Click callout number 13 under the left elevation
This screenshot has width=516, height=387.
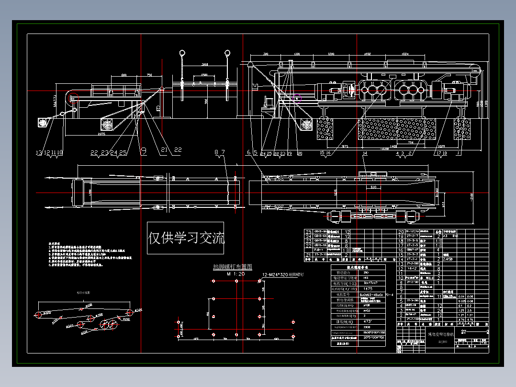point(39,153)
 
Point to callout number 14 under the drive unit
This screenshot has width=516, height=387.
point(366,153)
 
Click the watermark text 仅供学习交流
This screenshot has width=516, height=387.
point(186,238)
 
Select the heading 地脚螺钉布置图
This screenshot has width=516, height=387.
point(233,267)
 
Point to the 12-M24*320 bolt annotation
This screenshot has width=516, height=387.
point(283,275)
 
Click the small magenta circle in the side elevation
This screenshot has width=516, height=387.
point(298,101)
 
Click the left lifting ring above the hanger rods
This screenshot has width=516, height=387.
point(182,53)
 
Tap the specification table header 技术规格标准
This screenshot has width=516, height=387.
point(358,267)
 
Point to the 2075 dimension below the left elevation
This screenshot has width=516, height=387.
point(101,135)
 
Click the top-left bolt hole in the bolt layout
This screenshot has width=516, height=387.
point(213,281)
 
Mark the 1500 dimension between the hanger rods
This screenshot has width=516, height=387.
point(204,75)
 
